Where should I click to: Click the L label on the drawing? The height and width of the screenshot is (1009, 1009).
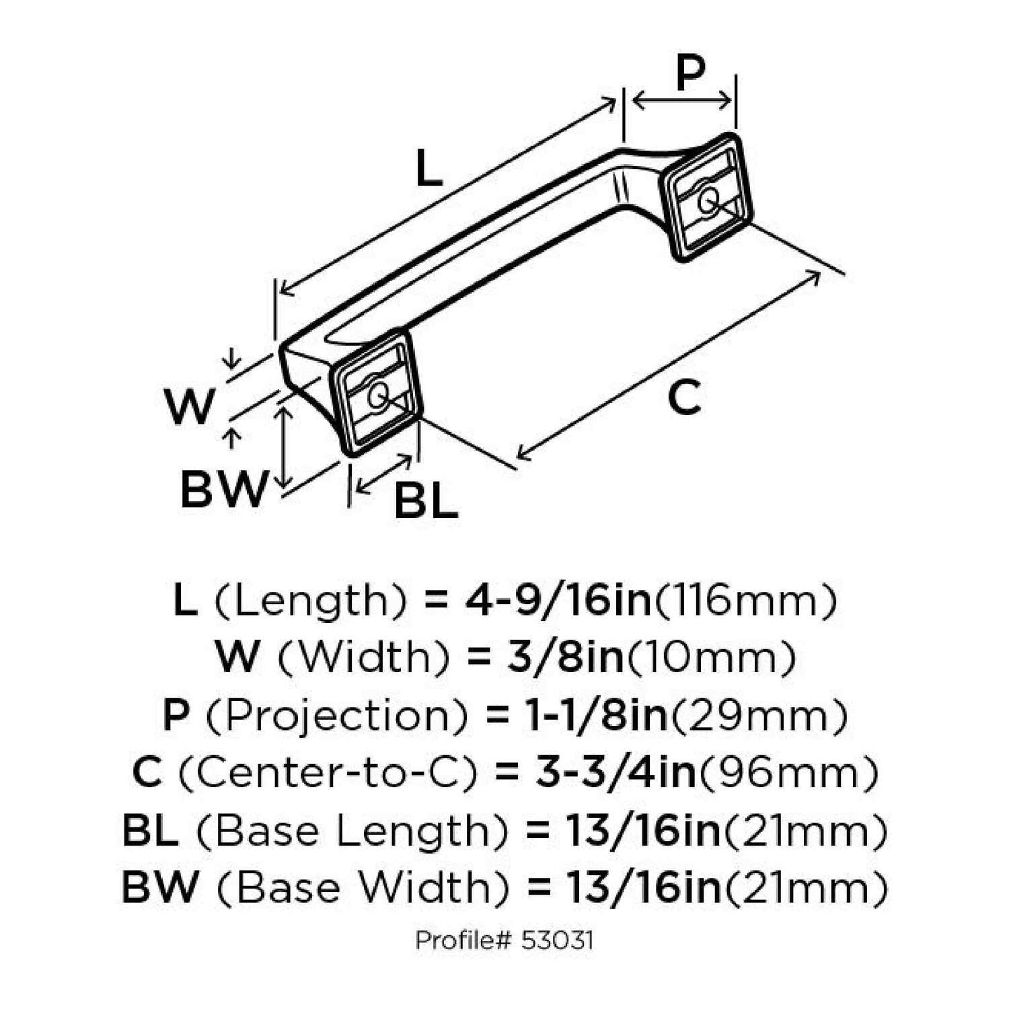[428, 168]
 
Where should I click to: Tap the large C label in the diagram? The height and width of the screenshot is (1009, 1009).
[685, 397]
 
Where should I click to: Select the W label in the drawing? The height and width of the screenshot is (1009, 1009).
[190, 407]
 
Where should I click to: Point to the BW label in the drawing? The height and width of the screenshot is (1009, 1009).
[223, 490]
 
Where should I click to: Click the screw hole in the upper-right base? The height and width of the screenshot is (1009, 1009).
[707, 200]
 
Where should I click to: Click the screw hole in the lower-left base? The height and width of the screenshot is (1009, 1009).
[378, 395]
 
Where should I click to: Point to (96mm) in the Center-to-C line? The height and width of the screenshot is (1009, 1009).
[788, 773]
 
